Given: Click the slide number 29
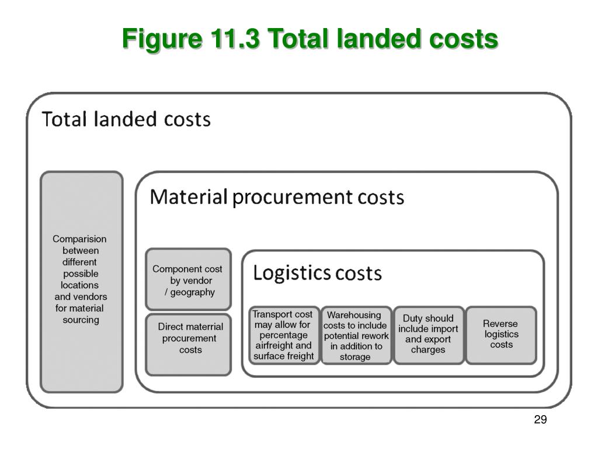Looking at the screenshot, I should click(540, 420).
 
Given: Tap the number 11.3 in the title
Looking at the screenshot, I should click(232, 40).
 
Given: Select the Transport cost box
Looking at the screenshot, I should click(284, 336).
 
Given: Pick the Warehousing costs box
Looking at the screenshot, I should click(356, 336).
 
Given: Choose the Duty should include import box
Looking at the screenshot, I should click(429, 336).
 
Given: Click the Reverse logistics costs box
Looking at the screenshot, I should click(501, 336).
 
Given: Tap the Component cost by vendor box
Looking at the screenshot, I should click(188, 279).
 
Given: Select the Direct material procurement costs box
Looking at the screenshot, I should click(188, 344).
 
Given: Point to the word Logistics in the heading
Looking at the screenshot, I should click(291, 273).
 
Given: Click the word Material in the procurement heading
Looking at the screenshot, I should click(188, 198).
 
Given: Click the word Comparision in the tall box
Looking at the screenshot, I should click(79, 239).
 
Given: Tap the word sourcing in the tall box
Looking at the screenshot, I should click(81, 320).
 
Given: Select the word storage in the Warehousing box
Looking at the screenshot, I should click(355, 357).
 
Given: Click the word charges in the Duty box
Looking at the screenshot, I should click(428, 350).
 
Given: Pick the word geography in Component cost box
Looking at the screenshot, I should click(193, 292).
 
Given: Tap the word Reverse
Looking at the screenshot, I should click(500, 324).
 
